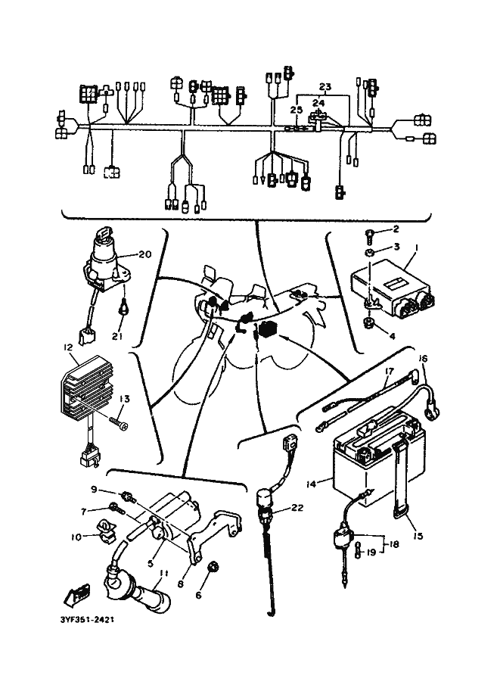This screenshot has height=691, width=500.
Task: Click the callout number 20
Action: [x=146, y=254]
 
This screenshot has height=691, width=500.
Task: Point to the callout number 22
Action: [x=296, y=508]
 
